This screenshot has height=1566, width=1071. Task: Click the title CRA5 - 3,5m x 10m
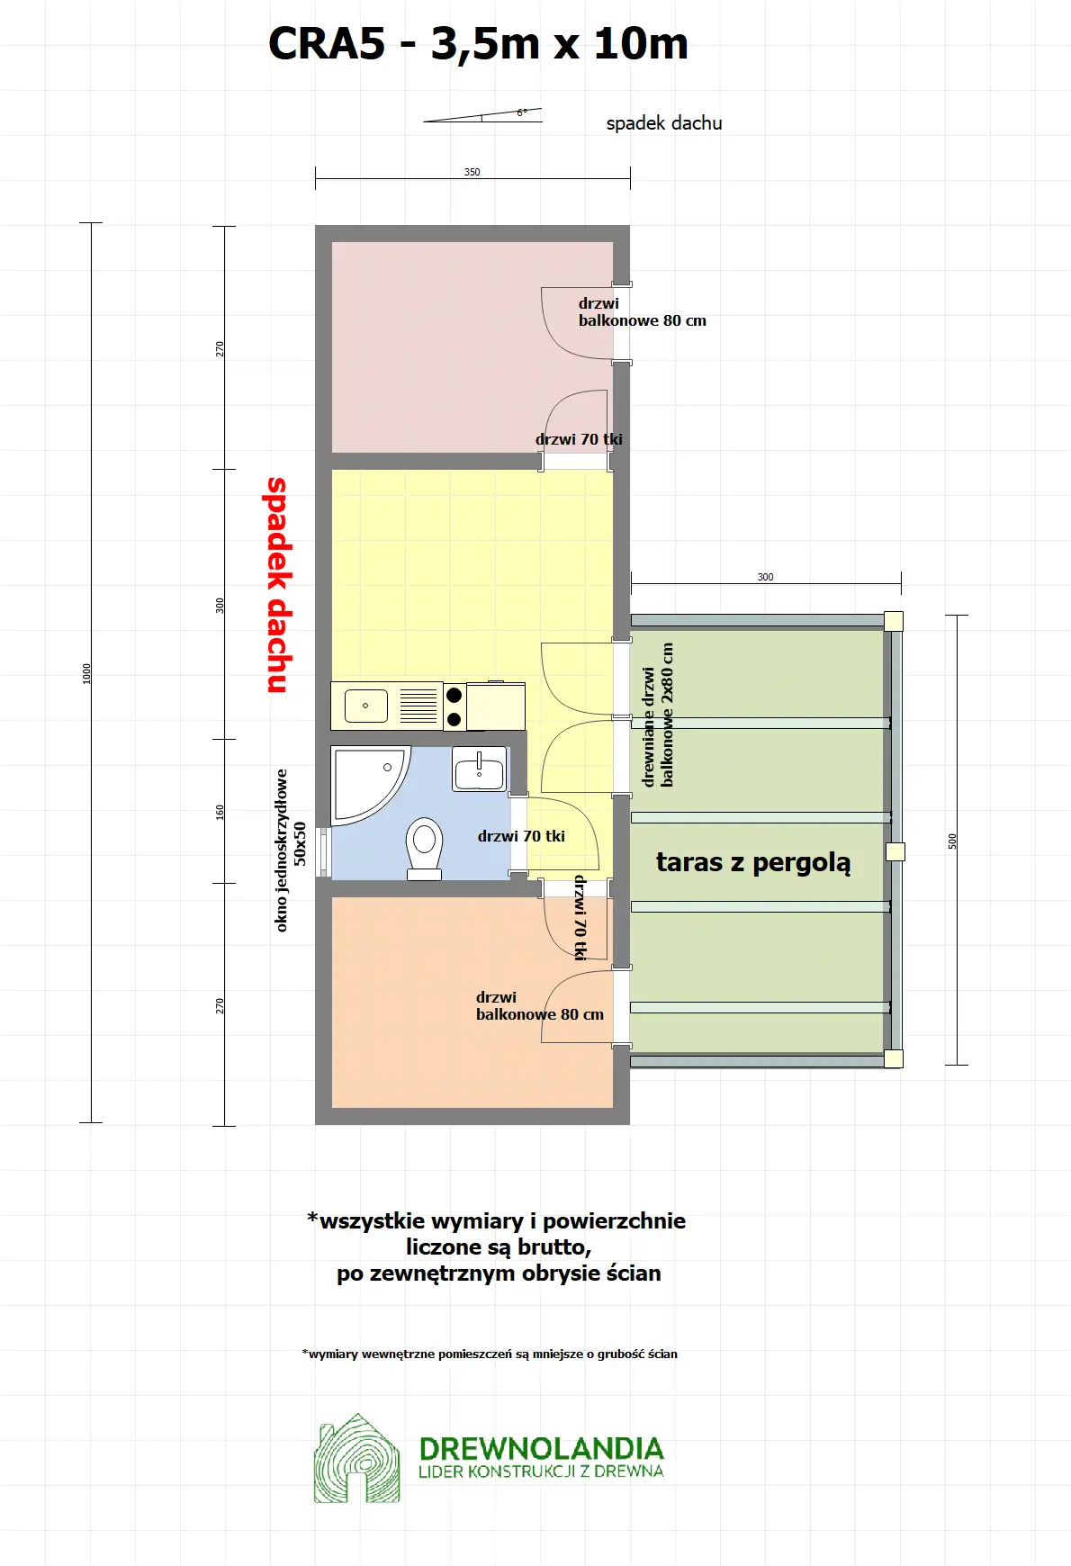point(478,43)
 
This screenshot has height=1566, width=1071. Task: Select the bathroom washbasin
point(479,769)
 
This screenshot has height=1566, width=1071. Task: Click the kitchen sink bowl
point(366,706)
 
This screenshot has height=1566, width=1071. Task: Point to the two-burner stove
point(454,706)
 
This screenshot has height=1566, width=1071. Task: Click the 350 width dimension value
point(472,172)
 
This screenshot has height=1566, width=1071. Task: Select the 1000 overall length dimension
point(87,673)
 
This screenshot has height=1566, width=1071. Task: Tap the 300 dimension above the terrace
point(765,577)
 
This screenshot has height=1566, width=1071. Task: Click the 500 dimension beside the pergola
point(952,841)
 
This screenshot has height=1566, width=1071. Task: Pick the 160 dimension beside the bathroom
point(220,811)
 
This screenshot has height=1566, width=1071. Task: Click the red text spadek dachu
point(278,585)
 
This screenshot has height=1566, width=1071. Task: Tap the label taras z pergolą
point(752,862)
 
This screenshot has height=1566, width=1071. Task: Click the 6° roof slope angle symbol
point(521,113)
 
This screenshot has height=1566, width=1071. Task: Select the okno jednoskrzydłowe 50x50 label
point(291,850)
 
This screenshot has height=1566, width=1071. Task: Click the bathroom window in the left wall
point(323,851)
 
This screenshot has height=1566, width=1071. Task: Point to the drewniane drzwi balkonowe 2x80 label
point(657,715)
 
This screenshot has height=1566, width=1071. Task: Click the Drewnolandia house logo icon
point(356,1459)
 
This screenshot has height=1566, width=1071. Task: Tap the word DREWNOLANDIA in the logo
point(541,1448)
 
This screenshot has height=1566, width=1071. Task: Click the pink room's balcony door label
point(642,311)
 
